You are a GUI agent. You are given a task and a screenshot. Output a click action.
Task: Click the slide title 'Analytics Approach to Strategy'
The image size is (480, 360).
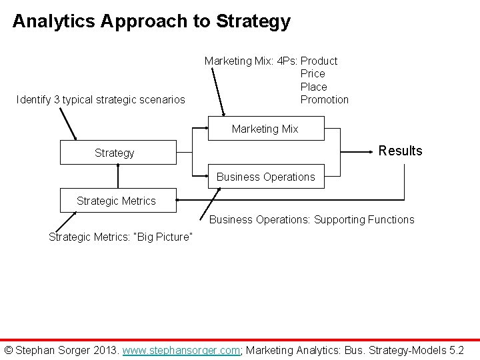[151, 21]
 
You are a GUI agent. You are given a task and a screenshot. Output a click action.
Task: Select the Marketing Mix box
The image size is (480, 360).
[265, 129]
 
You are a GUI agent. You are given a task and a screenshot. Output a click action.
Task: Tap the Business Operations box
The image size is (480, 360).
[265, 177]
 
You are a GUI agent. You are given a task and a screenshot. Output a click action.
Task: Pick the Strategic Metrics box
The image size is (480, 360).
[117, 200]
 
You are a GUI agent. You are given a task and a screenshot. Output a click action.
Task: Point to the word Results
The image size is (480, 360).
[400, 151]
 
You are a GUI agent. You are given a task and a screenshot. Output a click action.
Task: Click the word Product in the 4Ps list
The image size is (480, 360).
[319, 61]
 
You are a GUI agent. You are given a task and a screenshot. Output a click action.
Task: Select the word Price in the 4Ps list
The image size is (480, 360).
[313, 73]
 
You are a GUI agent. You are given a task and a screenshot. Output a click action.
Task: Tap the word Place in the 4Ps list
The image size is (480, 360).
[313, 87]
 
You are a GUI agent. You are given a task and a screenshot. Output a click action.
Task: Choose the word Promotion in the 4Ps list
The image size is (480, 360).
[324, 99]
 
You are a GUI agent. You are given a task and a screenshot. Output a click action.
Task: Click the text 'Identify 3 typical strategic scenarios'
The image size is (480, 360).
[101, 100]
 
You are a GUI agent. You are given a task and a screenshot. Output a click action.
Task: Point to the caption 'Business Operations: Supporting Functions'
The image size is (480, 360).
[311, 219]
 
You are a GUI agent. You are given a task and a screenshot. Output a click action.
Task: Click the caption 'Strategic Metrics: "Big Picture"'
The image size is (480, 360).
[121, 237]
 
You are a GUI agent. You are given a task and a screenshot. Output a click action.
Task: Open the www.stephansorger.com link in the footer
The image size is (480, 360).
[181, 350]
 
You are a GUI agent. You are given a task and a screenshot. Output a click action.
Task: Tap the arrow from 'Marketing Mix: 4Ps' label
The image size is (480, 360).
[217, 93]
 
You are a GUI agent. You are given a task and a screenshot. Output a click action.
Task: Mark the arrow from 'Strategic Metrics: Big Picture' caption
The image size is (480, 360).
[67, 221]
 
